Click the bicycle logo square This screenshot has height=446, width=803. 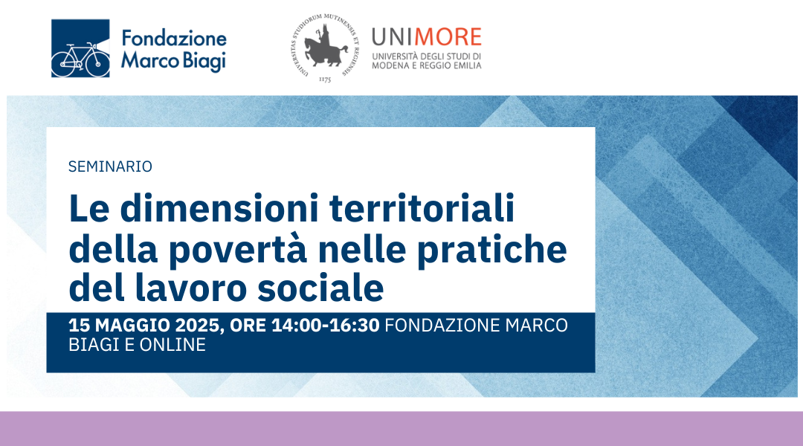(x=80, y=48)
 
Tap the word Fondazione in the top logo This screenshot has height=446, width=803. (x=174, y=39)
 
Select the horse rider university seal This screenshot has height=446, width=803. (x=325, y=48)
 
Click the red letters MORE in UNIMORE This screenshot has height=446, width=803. (x=448, y=37)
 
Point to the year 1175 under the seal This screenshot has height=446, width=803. (x=325, y=80)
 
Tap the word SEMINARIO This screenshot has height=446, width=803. (x=110, y=167)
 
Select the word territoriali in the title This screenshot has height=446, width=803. (x=422, y=208)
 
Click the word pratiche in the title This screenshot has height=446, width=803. (x=492, y=249)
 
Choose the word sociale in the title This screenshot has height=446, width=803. (x=320, y=288)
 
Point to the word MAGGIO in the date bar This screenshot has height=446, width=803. (x=132, y=325)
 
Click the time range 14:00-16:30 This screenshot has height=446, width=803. (x=325, y=325)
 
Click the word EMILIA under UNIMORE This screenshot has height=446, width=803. (x=467, y=65)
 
